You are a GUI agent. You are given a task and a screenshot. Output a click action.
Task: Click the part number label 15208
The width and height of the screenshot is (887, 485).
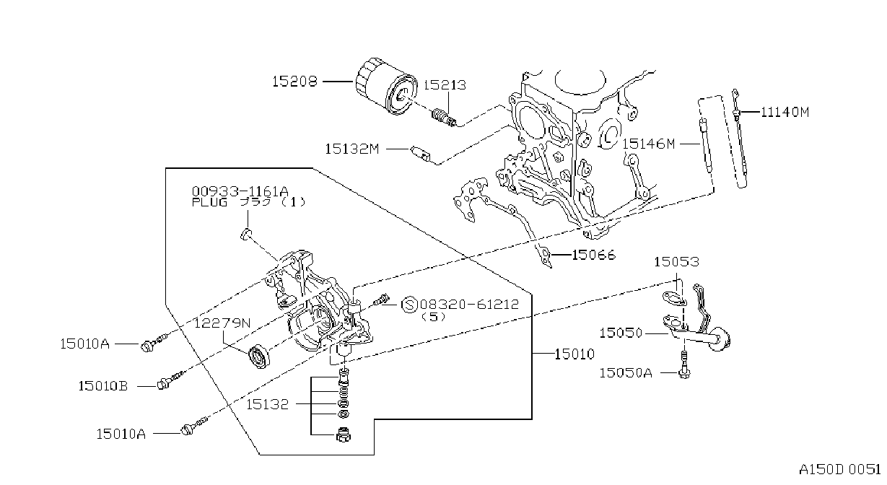(x=294, y=82)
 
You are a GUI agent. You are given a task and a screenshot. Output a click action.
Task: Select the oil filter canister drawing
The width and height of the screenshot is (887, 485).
(x=386, y=86)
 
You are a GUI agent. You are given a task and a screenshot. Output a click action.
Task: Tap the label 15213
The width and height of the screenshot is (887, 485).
(x=445, y=85)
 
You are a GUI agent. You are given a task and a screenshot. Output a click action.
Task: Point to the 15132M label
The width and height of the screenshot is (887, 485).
(x=352, y=149)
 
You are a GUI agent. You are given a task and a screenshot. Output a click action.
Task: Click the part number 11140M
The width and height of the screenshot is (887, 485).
(x=785, y=113)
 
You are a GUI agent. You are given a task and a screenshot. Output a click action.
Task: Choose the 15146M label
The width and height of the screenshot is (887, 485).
(x=649, y=144)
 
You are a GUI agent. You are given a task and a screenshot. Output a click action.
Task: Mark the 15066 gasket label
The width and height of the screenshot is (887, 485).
(x=593, y=255)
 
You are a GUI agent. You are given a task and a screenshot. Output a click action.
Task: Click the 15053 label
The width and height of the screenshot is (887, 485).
(x=676, y=262)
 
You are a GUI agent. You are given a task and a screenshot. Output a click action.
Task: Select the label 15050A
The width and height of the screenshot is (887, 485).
(x=626, y=373)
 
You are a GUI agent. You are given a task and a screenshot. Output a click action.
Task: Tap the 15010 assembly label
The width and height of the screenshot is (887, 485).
(x=574, y=354)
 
